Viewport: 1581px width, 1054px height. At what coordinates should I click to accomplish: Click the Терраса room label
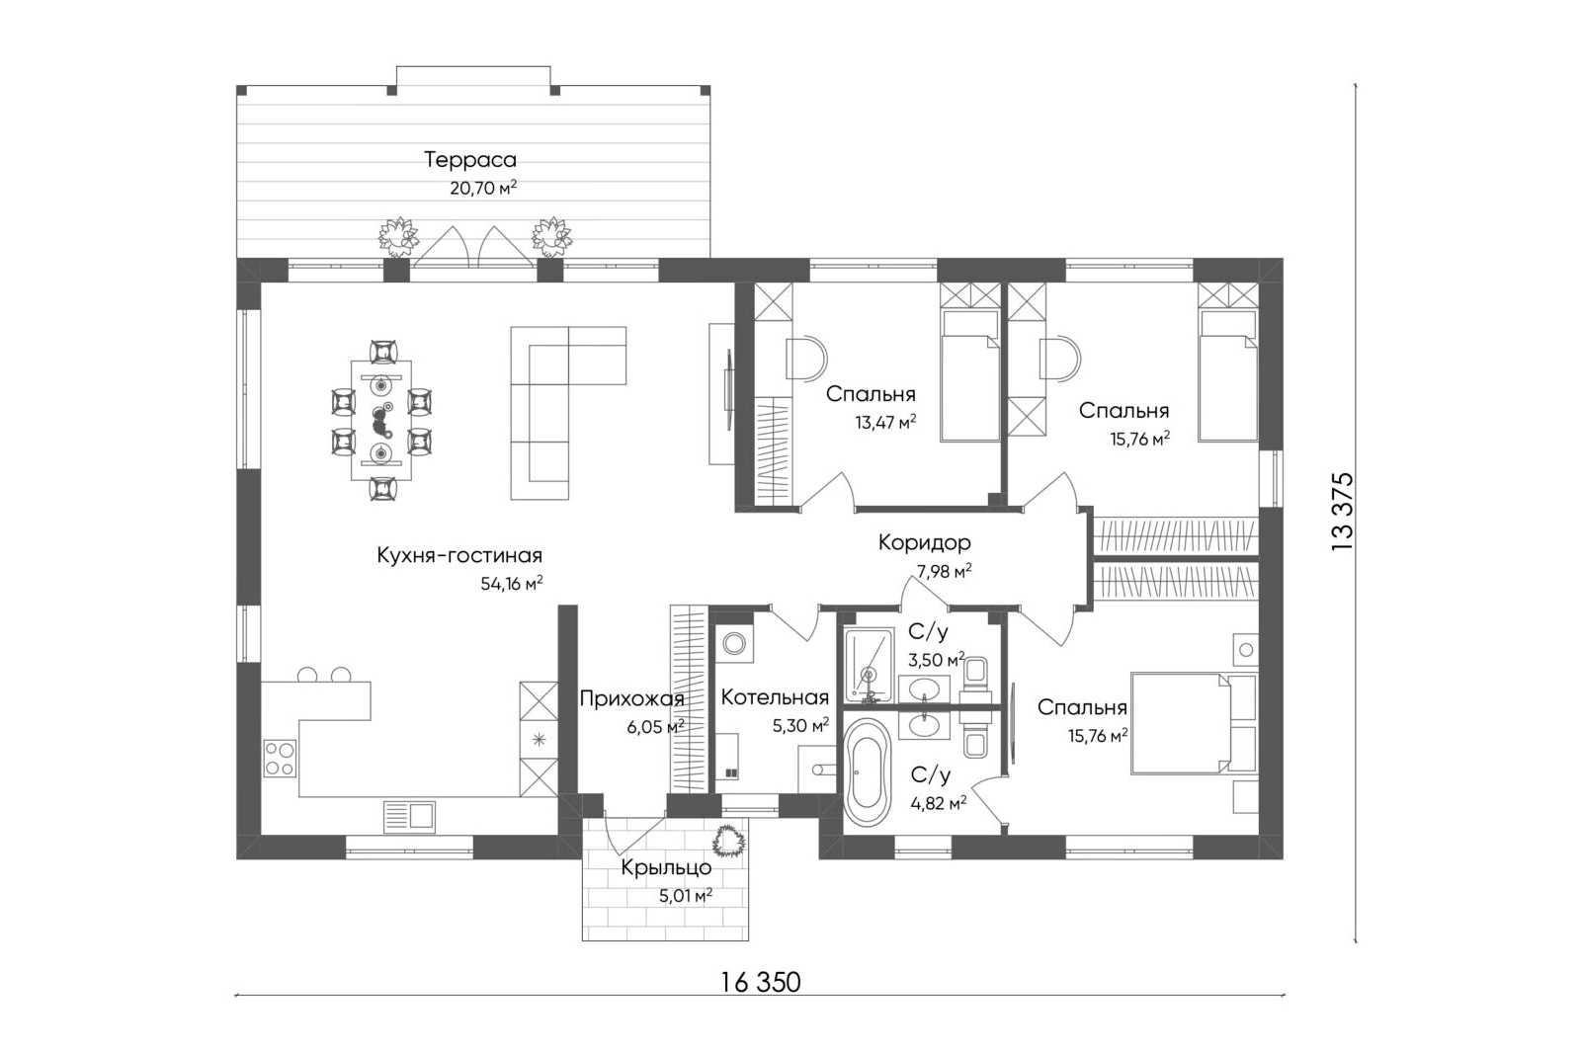pyautogui.click(x=470, y=160)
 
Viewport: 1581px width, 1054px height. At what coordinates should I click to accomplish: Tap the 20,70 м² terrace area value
pyautogui.click(x=483, y=189)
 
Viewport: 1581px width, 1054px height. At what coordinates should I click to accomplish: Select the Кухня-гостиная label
pyautogui.click(x=459, y=555)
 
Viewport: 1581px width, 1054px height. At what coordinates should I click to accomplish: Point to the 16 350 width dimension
pyautogui.click(x=761, y=981)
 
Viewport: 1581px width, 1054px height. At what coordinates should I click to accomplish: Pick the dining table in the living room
pyautogui.click(x=381, y=420)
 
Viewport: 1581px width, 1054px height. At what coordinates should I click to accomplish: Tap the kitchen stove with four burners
pyautogui.click(x=280, y=759)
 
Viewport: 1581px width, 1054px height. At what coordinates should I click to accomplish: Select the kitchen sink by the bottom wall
pyautogui.click(x=409, y=817)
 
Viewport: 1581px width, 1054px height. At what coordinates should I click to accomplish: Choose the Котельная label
pyautogui.click(x=775, y=697)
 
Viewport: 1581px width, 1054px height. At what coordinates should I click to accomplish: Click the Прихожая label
pyautogui.click(x=631, y=698)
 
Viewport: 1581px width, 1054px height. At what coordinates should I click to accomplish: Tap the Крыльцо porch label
pyautogui.click(x=666, y=867)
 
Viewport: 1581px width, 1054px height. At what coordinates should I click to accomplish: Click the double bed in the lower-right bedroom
pyautogui.click(x=1194, y=723)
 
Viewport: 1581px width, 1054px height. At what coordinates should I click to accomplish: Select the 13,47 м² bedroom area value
pyautogui.click(x=885, y=423)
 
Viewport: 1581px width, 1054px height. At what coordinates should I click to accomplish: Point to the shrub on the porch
pyautogui.click(x=728, y=841)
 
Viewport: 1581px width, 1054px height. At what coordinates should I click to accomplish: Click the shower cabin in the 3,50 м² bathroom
pyautogui.click(x=869, y=665)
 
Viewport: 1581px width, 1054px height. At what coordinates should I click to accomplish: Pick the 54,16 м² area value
pyautogui.click(x=512, y=584)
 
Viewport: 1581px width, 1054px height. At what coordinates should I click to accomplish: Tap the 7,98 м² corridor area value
pyautogui.click(x=943, y=571)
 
